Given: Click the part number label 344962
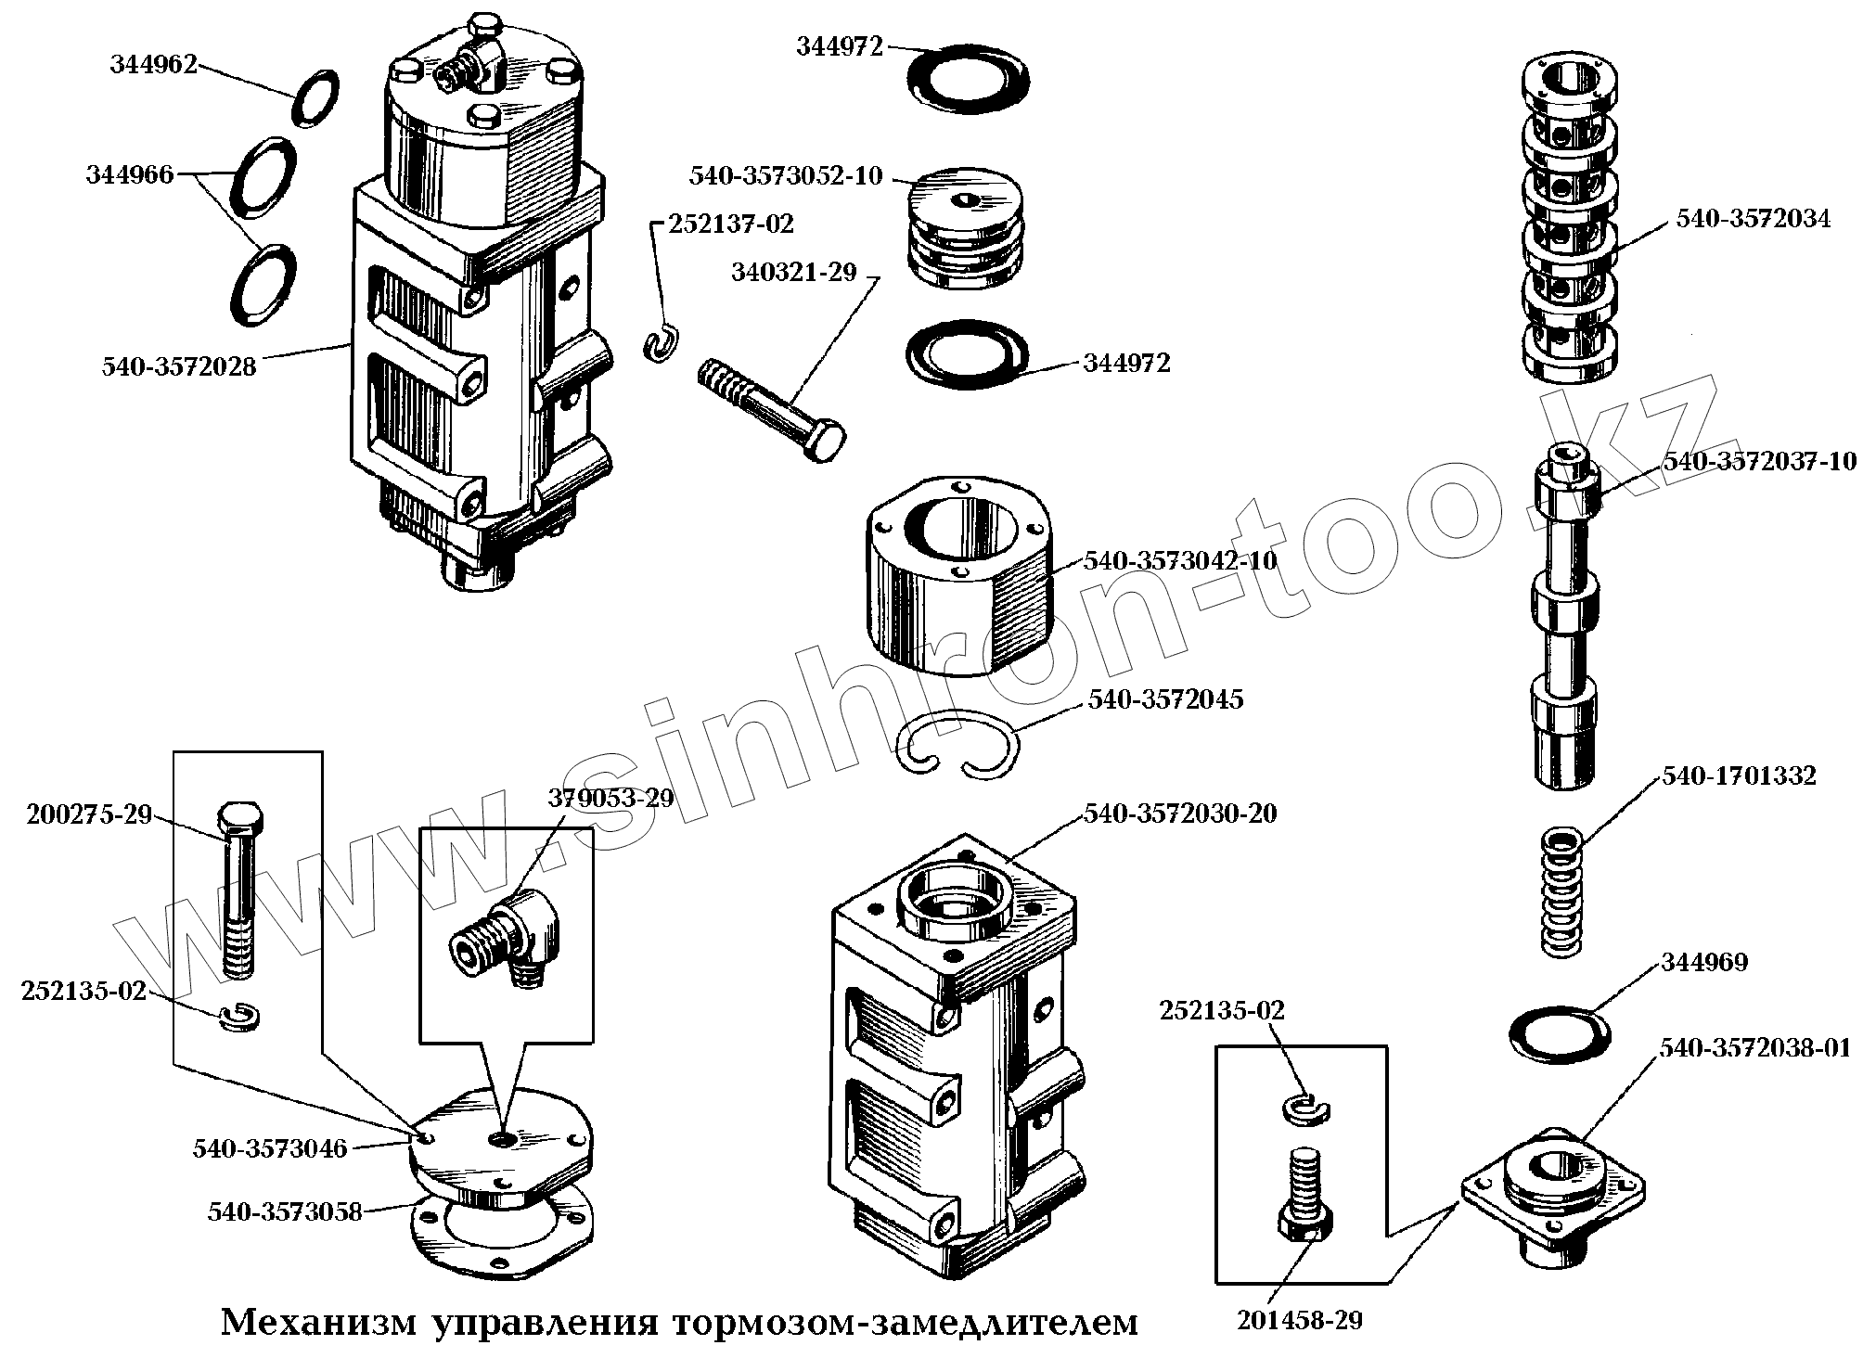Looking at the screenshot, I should [x=153, y=65].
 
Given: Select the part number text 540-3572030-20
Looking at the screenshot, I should [x=1180, y=814].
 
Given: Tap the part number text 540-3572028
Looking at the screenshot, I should [x=179, y=367].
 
